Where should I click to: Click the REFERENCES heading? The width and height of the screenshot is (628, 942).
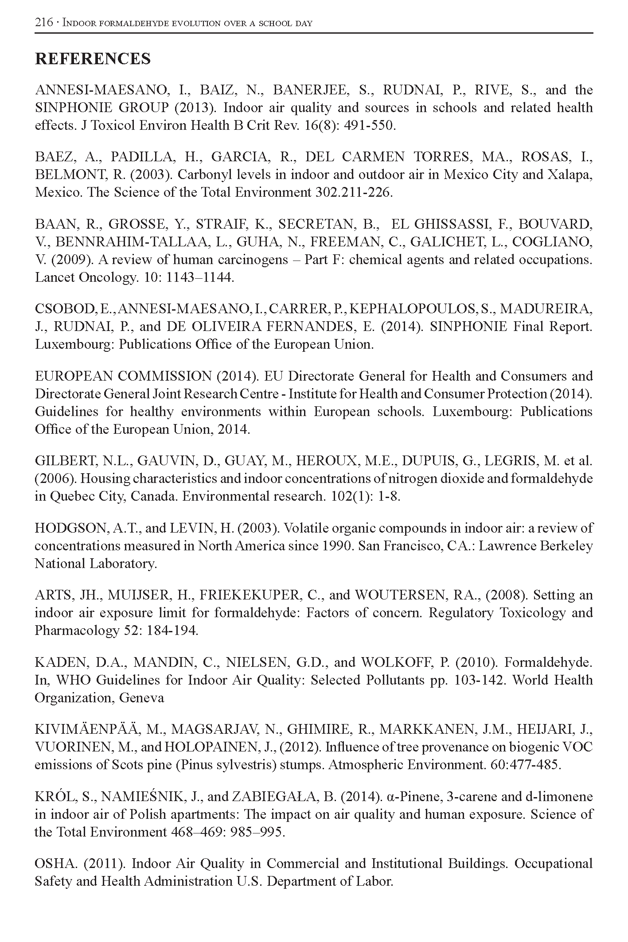pos(93,59)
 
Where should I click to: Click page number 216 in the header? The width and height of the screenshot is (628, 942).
pos(44,23)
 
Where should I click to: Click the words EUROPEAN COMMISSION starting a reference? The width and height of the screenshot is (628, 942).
pos(123,376)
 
